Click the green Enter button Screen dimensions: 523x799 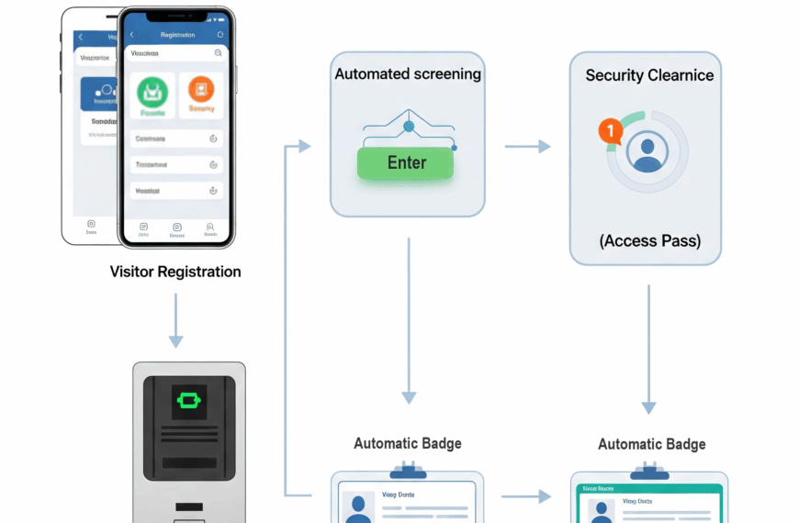pos(406,163)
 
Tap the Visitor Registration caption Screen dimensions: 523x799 pos(175,272)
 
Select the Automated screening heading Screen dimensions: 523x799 pos(407,74)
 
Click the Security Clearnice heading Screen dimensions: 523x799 pos(649,75)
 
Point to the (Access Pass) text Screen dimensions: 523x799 pos(649,241)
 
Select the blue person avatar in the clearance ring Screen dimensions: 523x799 pos(647,151)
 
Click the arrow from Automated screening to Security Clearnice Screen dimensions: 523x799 pos(528,146)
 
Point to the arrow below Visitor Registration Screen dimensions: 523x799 pos(175,320)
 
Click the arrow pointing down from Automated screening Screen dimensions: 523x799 pos(409,320)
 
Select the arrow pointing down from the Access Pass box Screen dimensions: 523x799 pos(648,349)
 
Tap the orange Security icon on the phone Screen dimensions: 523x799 pos(201,90)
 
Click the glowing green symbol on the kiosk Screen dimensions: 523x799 pos(188,400)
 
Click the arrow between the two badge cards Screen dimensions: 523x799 pos(526,496)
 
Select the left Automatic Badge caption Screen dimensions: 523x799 pos(408,443)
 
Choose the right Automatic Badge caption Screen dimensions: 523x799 pos(651,444)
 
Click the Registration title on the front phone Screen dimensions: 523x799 pos(177,35)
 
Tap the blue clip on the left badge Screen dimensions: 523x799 pos(408,472)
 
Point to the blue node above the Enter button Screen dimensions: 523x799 pos(409,126)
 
